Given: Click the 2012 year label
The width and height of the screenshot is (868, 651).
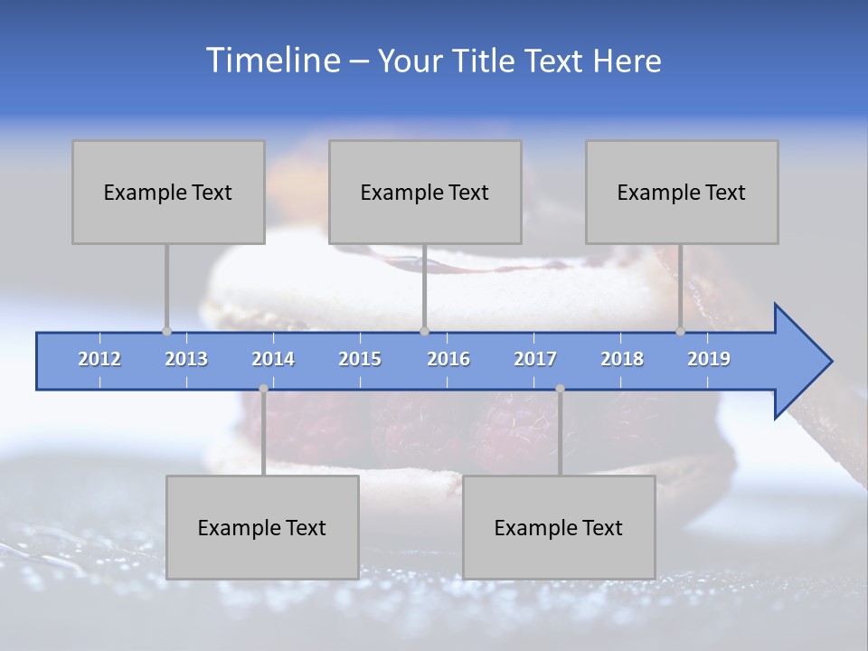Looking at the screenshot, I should pyautogui.click(x=99, y=359).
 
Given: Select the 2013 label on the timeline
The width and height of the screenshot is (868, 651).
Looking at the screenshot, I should pyautogui.click(x=186, y=359).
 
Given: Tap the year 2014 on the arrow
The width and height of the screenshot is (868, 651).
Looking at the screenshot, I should pyautogui.click(x=273, y=359).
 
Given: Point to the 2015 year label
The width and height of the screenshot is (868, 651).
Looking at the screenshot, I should pyautogui.click(x=360, y=359).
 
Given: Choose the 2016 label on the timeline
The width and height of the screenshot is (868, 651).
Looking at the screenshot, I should pyautogui.click(x=448, y=359).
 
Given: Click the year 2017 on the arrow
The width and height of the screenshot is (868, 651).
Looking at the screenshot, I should pyautogui.click(x=535, y=359).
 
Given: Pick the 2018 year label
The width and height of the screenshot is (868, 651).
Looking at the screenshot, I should pyautogui.click(x=622, y=359).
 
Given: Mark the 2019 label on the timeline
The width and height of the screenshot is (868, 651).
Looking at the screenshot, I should pyautogui.click(x=709, y=359).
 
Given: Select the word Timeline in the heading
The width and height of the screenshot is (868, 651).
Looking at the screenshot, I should pyautogui.click(x=271, y=61).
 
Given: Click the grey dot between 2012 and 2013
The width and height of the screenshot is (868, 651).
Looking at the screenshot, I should pyautogui.click(x=166, y=331).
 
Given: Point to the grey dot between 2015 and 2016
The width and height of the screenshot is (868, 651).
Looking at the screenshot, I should pyautogui.click(x=424, y=331).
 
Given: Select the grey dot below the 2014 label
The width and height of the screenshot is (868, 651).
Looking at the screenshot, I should pyautogui.click(x=263, y=389).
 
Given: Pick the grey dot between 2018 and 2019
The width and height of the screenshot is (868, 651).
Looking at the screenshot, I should pyautogui.click(x=680, y=331).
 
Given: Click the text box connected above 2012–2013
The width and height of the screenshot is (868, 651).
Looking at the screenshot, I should pyautogui.click(x=168, y=192).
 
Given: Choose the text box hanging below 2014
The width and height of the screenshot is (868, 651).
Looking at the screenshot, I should pyautogui.click(x=262, y=527).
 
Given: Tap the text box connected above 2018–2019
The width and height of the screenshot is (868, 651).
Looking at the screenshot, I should pyautogui.click(x=682, y=192).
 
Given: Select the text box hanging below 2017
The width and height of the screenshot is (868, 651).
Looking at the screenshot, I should pyautogui.click(x=559, y=527).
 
